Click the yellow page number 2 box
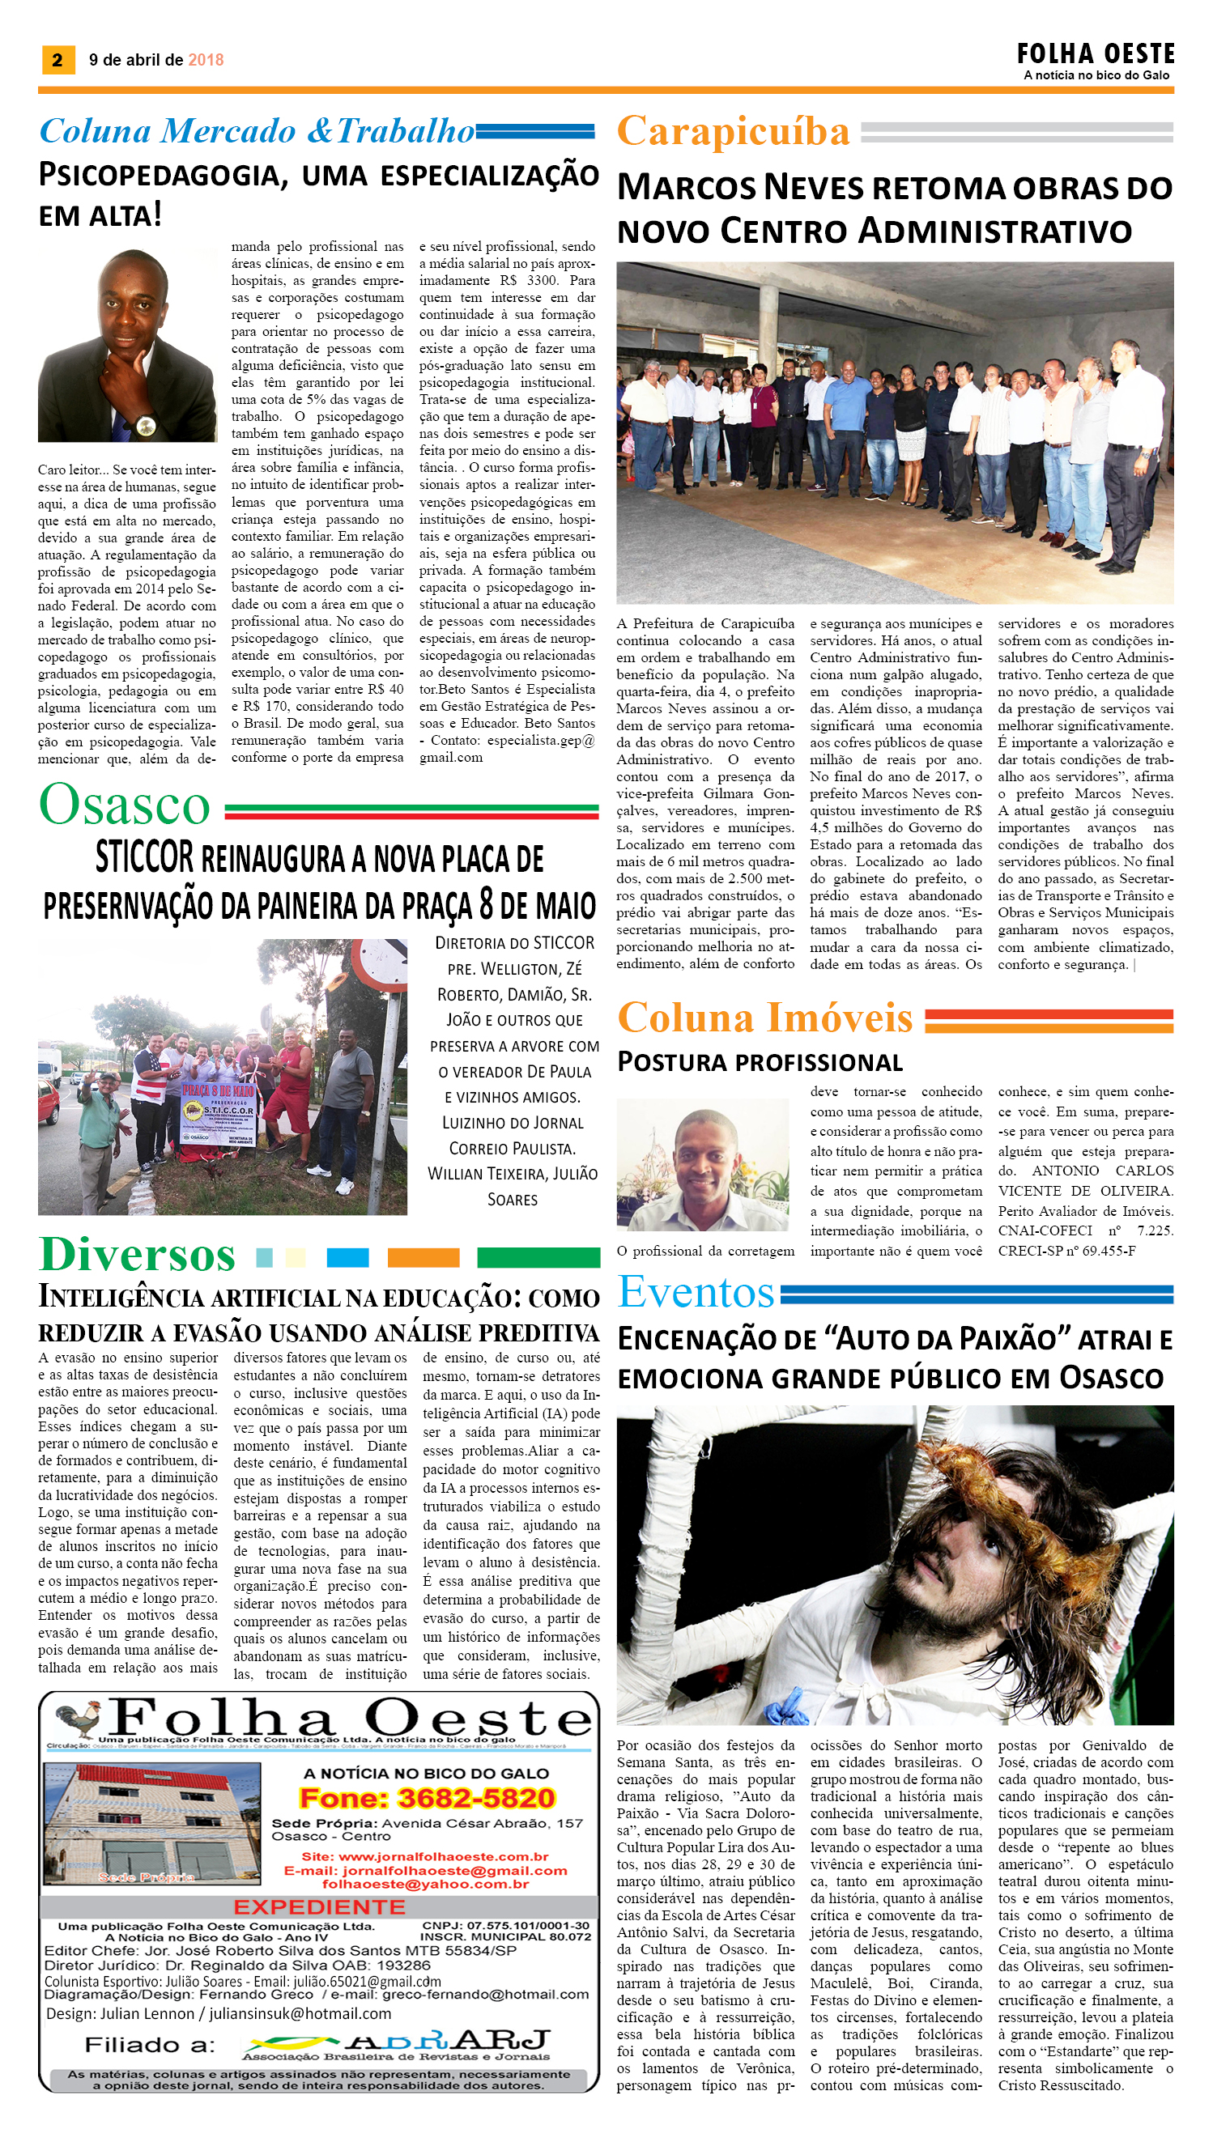coord(57,59)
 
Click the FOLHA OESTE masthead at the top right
coord(1095,55)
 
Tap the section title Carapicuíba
coord(732,132)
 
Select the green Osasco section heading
coord(125,805)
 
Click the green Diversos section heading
coord(138,1255)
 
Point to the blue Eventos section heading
coord(696,1293)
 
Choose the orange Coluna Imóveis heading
coord(764,1018)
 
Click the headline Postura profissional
coord(759,1062)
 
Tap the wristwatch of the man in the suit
coord(145,426)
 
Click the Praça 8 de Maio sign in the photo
coord(219,1112)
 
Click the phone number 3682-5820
coord(475,1799)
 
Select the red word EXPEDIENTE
coord(319,1907)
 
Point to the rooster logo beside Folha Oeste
coord(77,1719)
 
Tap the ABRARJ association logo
coord(397,2042)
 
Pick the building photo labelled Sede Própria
coord(151,1824)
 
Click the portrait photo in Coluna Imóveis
coord(702,1163)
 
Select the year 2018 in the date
coord(206,60)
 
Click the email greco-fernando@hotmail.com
coord(485,1995)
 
